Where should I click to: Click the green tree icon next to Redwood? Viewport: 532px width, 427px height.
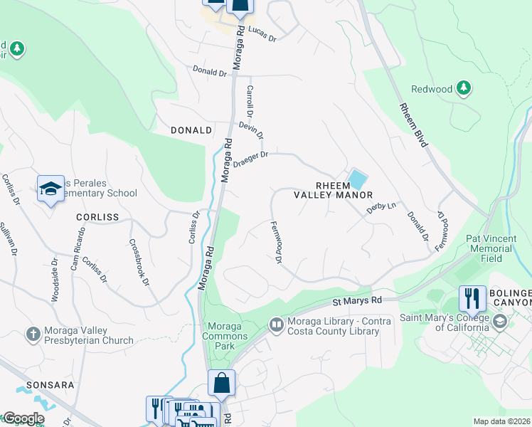pyautogui.click(x=464, y=88)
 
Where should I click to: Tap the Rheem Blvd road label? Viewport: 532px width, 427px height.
pyautogui.click(x=413, y=126)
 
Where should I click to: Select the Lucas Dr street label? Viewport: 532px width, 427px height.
pyautogui.click(x=262, y=35)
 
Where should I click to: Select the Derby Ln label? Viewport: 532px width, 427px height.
pyautogui.click(x=381, y=206)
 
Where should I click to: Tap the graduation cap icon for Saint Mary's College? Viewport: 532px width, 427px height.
pyautogui.click(x=499, y=322)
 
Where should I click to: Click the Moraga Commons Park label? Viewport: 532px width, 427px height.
pyautogui.click(x=225, y=336)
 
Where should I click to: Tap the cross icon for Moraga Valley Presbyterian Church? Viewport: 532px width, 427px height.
pyautogui.click(x=33, y=333)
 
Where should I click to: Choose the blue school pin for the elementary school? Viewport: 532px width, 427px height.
pyautogui.click(x=50, y=189)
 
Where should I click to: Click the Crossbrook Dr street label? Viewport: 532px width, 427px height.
pyautogui.click(x=139, y=262)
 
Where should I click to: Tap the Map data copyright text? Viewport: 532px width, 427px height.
pyautogui.click(x=502, y=421)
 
